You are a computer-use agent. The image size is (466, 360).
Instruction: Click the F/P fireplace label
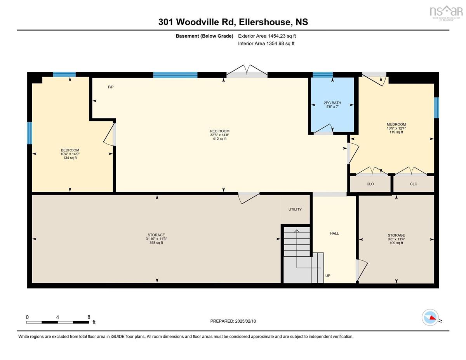[x=111, y=87]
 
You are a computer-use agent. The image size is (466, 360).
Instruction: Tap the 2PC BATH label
[x=332, y=103]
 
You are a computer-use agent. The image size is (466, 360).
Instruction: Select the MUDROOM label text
[x=396, y=124]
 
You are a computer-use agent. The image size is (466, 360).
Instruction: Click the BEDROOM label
[x=70, y=150]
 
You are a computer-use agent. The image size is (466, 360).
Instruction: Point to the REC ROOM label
[x=219, y=131]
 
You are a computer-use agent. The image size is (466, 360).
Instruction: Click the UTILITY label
[x=295, y=209]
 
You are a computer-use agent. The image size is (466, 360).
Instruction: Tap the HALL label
[x=334, y=233]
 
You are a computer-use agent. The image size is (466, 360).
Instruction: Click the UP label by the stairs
[x=328, y=276]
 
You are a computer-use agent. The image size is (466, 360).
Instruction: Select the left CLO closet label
[x=370, y=184]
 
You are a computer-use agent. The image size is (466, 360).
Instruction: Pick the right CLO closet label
[x=414, y=184]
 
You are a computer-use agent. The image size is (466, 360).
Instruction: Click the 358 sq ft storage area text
[x=156, y=243]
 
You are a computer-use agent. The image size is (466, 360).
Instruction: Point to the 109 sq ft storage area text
[x=396, y=243]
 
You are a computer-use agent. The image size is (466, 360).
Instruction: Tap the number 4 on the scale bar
[x=57, y=317]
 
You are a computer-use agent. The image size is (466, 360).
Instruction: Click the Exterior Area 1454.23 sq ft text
[x=267, y=36]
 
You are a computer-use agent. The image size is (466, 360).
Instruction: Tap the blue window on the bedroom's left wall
[x=30, y=133]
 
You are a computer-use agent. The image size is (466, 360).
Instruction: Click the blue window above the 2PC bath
[x=323, y=75]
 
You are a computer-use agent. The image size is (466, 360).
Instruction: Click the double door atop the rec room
[x=247, y=71]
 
